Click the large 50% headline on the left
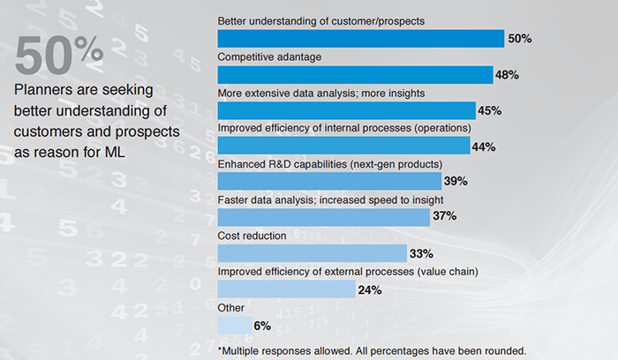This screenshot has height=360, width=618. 58,57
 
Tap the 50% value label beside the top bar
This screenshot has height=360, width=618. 520,39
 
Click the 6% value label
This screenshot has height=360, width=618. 262,326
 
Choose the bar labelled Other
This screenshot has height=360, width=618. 235,325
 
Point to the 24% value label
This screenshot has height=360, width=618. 369,289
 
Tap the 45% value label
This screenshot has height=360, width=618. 488,110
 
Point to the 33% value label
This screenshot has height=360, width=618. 421,254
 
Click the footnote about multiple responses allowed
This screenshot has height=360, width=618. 372,349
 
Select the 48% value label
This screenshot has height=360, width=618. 507,75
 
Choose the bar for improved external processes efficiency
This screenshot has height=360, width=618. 286,289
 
